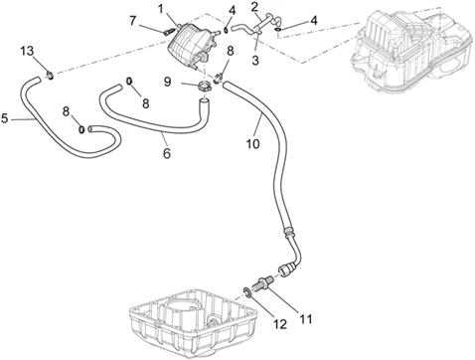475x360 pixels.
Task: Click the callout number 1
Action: [161, 9]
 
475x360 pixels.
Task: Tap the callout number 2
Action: [254, 6]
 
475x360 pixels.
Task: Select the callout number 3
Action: [255, 61]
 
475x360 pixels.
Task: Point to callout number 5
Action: [4, 118]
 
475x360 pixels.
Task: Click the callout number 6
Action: [167, 153]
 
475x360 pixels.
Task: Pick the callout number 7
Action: [133, 21]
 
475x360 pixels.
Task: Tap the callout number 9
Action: [168, 82]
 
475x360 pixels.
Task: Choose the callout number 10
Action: [252, 144]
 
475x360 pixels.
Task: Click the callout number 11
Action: [305, 319]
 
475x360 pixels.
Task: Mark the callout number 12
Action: [280, 324]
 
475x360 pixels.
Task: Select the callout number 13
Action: [27, 51]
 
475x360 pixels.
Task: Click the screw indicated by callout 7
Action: [168, 32]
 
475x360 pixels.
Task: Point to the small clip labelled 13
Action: [50, 76]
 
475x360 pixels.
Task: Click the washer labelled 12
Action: [247, 291]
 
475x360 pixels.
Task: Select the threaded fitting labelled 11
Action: [263, 282]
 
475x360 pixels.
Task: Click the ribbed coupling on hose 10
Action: [287, 231]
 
